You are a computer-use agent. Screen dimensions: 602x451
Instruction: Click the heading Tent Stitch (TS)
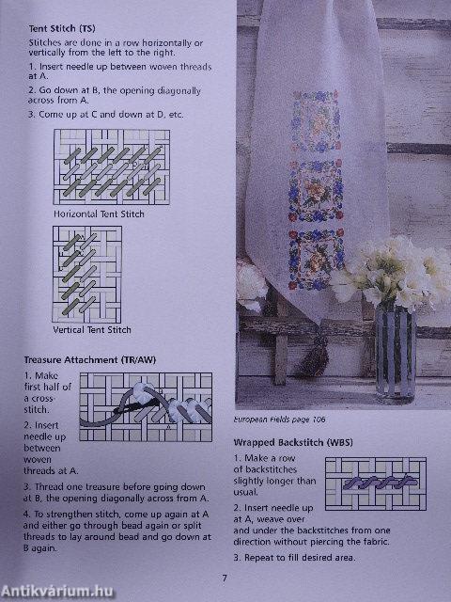point(61,29)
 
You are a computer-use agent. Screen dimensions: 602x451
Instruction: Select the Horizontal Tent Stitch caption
point(100,214)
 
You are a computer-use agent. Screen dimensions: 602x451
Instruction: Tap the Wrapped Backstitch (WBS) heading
point(288,440)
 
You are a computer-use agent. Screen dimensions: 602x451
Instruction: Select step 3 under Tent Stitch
point(105,114)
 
